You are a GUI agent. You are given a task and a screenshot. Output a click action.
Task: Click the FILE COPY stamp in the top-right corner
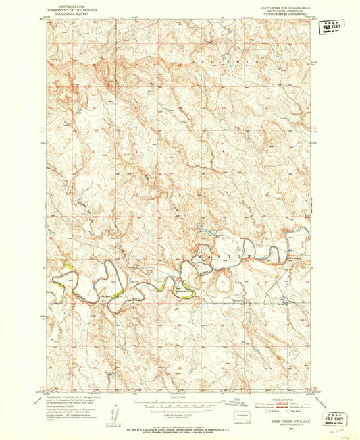[x=332, y=26]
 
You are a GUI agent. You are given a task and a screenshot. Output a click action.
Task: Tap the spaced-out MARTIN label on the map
[x=222, y=257]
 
